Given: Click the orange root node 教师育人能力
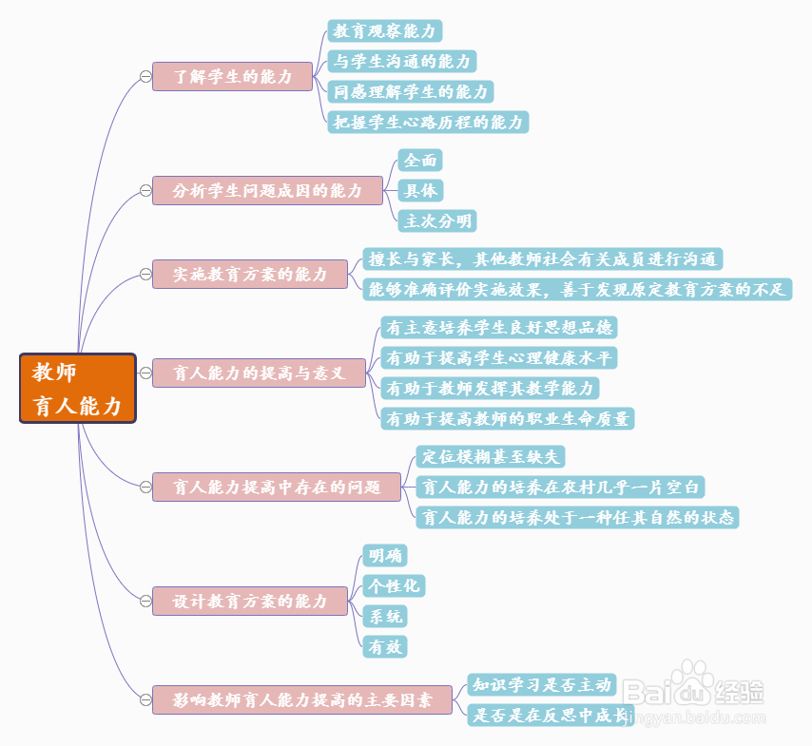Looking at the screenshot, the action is (x=78, y=388).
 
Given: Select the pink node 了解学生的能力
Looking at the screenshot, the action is (x=233, y=76).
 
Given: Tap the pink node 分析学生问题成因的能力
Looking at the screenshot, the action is (x=267, y=190).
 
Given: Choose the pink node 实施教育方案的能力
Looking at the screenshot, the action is (x=249, y=274).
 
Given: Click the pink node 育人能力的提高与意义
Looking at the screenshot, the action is (x=258, y=372).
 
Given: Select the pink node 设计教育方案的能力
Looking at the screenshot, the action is (x=249, y=601).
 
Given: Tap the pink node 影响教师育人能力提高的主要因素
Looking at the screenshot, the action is (x=301, y=699).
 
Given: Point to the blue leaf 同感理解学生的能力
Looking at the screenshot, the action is (x=411, y=92).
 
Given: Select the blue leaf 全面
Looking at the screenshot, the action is (x=420, y=161).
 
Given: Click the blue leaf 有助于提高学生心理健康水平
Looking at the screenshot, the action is (x=499, y=358).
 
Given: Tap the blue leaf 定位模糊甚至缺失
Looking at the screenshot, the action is (x=491, y=457).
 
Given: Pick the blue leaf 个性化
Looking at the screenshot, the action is (x=394, y=585).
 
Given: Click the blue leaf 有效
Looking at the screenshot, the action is (x=385, y=647).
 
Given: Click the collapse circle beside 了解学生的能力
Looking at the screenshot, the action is (x=145, y=76).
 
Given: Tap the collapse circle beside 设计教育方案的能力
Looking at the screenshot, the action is (x=145, y=601).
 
